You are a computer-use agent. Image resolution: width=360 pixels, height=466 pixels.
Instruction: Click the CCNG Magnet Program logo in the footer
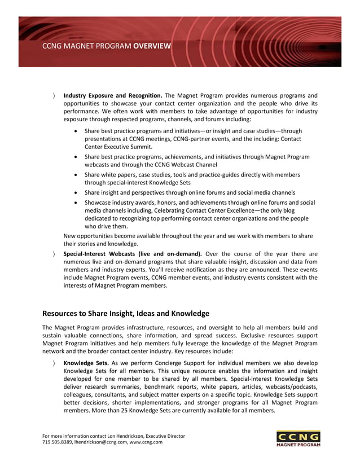point(298,438)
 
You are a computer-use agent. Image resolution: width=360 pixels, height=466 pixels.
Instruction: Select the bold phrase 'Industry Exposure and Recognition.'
point(113,95)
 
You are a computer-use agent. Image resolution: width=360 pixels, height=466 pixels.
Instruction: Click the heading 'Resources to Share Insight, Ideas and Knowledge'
point(126,313)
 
